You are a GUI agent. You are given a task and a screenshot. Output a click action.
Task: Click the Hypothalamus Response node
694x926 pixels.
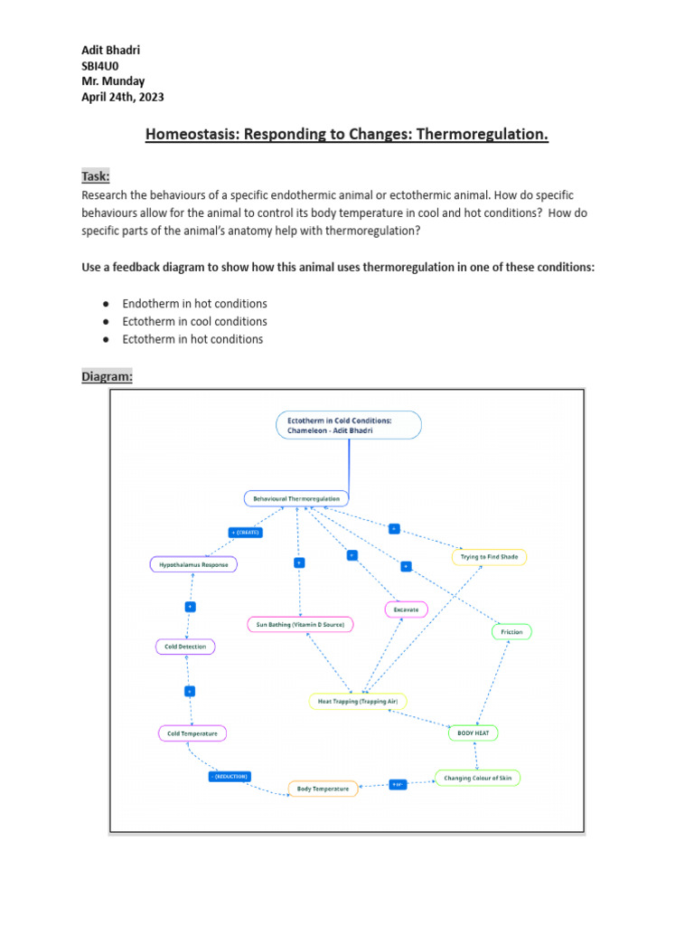193,564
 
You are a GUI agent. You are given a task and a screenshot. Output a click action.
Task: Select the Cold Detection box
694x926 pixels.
185,647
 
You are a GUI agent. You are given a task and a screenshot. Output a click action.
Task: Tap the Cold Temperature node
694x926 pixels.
192,733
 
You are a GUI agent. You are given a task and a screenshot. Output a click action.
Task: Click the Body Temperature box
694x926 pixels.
324,789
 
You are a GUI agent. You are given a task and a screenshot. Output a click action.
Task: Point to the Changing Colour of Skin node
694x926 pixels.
477,778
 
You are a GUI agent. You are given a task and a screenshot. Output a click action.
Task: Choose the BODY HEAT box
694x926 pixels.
473,733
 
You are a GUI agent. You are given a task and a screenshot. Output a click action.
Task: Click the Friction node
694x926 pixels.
511,632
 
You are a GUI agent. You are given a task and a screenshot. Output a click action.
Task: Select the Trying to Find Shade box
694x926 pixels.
488,557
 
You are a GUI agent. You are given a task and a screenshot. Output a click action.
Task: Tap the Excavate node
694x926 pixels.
406,610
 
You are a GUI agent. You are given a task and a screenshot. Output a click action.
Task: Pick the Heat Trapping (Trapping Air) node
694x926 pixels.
358,701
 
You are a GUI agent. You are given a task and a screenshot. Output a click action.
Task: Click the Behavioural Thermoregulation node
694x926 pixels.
296,498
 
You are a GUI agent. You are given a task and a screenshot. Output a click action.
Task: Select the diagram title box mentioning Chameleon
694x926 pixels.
348,425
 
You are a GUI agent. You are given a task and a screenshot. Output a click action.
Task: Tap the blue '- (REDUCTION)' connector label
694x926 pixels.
229,776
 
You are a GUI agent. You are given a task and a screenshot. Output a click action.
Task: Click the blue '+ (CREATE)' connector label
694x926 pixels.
246,533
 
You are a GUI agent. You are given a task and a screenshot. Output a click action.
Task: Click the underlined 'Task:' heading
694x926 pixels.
95,175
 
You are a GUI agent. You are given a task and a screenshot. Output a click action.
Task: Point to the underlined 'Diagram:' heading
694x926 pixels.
107,375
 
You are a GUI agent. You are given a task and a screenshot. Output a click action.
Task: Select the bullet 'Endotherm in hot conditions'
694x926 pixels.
194,303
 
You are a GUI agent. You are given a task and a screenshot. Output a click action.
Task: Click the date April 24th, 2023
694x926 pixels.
123,97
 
